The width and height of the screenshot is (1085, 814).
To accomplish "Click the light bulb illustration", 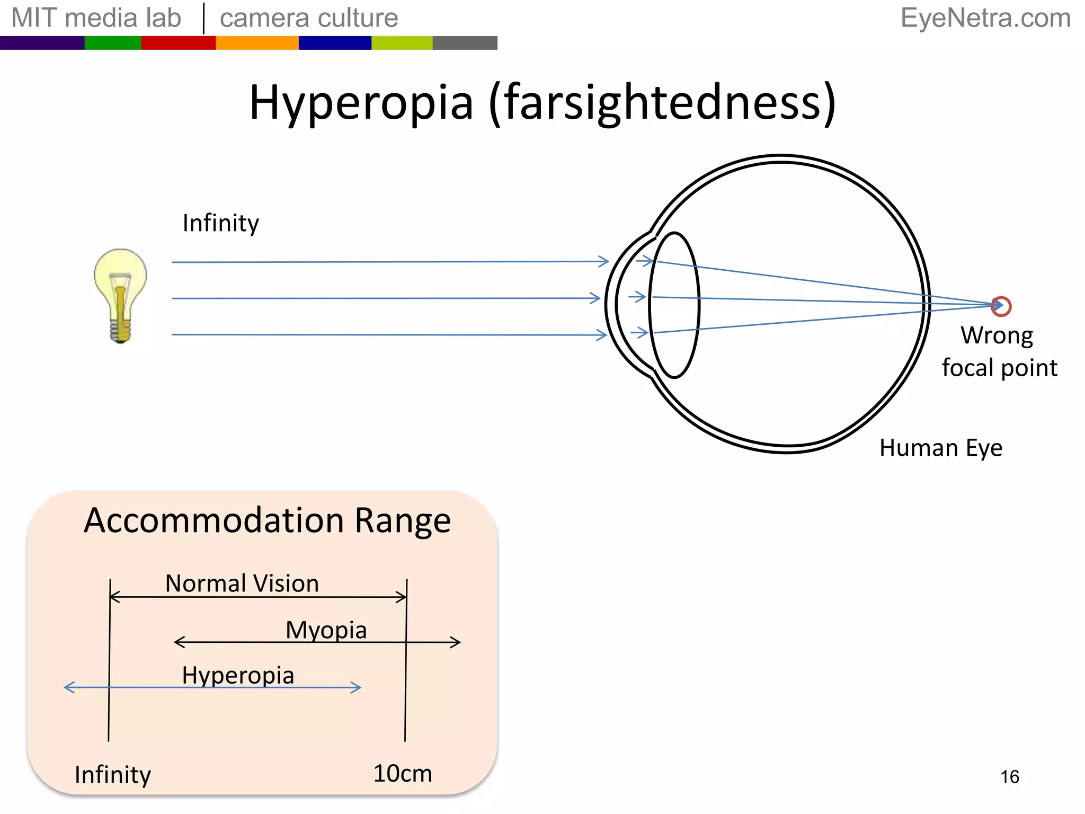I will point(120,295).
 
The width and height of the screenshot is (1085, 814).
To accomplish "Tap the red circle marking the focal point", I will point(1001,306).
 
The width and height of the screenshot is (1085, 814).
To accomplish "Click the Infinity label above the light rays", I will point(220,223).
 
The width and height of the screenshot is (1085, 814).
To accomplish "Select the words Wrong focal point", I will point(998,351).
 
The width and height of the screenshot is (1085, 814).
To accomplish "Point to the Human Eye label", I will point(940,448).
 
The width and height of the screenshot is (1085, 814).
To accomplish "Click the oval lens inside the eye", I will point(674,305).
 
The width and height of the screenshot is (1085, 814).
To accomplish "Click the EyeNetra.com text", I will point(985,18).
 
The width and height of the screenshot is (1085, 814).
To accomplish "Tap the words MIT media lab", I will point(96,18).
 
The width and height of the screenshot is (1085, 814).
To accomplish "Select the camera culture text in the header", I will point(309,18).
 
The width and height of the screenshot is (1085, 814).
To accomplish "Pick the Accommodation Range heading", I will point(267,520).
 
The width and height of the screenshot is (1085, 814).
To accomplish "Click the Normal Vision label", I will point(242,583).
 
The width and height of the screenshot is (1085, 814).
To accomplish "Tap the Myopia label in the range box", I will point(326,630).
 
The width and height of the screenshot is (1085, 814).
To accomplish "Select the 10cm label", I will point(403,773).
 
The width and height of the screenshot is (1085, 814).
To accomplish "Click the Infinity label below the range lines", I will point(113,775).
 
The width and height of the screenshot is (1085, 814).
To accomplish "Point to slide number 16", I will point(1009,777).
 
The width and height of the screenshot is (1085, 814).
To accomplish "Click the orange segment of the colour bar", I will point(257,43).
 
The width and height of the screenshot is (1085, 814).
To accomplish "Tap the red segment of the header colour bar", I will point(178,43).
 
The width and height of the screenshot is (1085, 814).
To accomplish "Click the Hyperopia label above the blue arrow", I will point(238,675).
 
